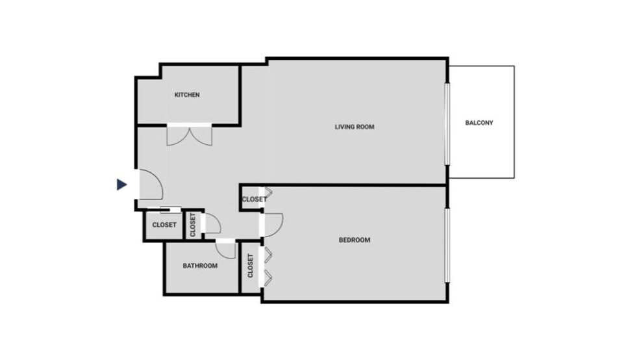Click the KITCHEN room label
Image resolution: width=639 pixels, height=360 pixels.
pyautogui.click(x=187, y=95)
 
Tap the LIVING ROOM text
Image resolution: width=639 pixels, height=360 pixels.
pyautogui.click(x=355, y=127)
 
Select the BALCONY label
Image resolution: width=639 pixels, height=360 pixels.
pyautogui.click(x=479, y=123)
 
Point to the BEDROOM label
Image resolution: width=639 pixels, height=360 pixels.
pyautogui.click(x=355, y=240)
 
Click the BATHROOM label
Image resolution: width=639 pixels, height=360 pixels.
pyautogui.click(x=200, y=266)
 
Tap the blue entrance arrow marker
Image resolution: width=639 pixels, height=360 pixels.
pyautogui.click(x=121, y=185)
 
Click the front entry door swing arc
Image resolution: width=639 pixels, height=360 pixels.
pyautogui.click(x=149, y=184)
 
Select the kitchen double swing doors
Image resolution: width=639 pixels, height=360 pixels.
pyautogui.click(x=189, y=135)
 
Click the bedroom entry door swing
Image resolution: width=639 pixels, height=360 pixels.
pyautogui.click(x=273, y=224)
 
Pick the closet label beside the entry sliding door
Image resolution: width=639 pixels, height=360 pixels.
pyautogui.click(x=164, y=225)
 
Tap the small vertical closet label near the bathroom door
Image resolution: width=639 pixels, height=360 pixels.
pyautogui.click(x=193, y=225)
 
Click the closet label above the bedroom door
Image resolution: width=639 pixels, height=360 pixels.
pyautogui.click(x=253, y=199)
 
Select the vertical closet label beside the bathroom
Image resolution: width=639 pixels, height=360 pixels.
pyautogui.click(x=251, y=266)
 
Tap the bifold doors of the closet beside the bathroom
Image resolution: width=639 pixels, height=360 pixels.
pyautogui.click(x=267, y=265)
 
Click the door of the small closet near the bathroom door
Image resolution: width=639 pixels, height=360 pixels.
pyautogui.click(x=211, y=225)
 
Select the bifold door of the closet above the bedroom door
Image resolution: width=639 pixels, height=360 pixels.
pyautogui.click(x=268, y=195)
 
